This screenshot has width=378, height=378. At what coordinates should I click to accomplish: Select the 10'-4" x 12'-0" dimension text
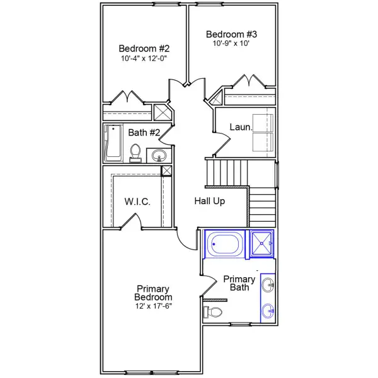[144, 59]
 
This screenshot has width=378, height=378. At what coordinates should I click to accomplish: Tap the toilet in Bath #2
[135, 152]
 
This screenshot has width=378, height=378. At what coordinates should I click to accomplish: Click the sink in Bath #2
[157, 155]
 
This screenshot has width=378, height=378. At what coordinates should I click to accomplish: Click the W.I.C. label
[137, 202]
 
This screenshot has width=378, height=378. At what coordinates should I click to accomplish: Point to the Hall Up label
[209, 202]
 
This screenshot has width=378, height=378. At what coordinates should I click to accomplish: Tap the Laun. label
[241, 127]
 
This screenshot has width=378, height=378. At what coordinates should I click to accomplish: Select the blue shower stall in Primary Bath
[263, 244]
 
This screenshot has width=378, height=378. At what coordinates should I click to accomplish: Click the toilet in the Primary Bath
[214, 312]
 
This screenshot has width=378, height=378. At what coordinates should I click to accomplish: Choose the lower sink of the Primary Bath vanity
[268, 309]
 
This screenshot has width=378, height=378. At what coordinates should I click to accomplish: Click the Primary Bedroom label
[153, 293]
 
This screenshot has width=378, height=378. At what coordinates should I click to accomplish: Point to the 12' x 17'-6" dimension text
[153, 306]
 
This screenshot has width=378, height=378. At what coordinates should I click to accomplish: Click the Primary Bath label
[239, 283]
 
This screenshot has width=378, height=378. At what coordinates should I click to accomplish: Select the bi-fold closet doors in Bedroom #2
[129, 98]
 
